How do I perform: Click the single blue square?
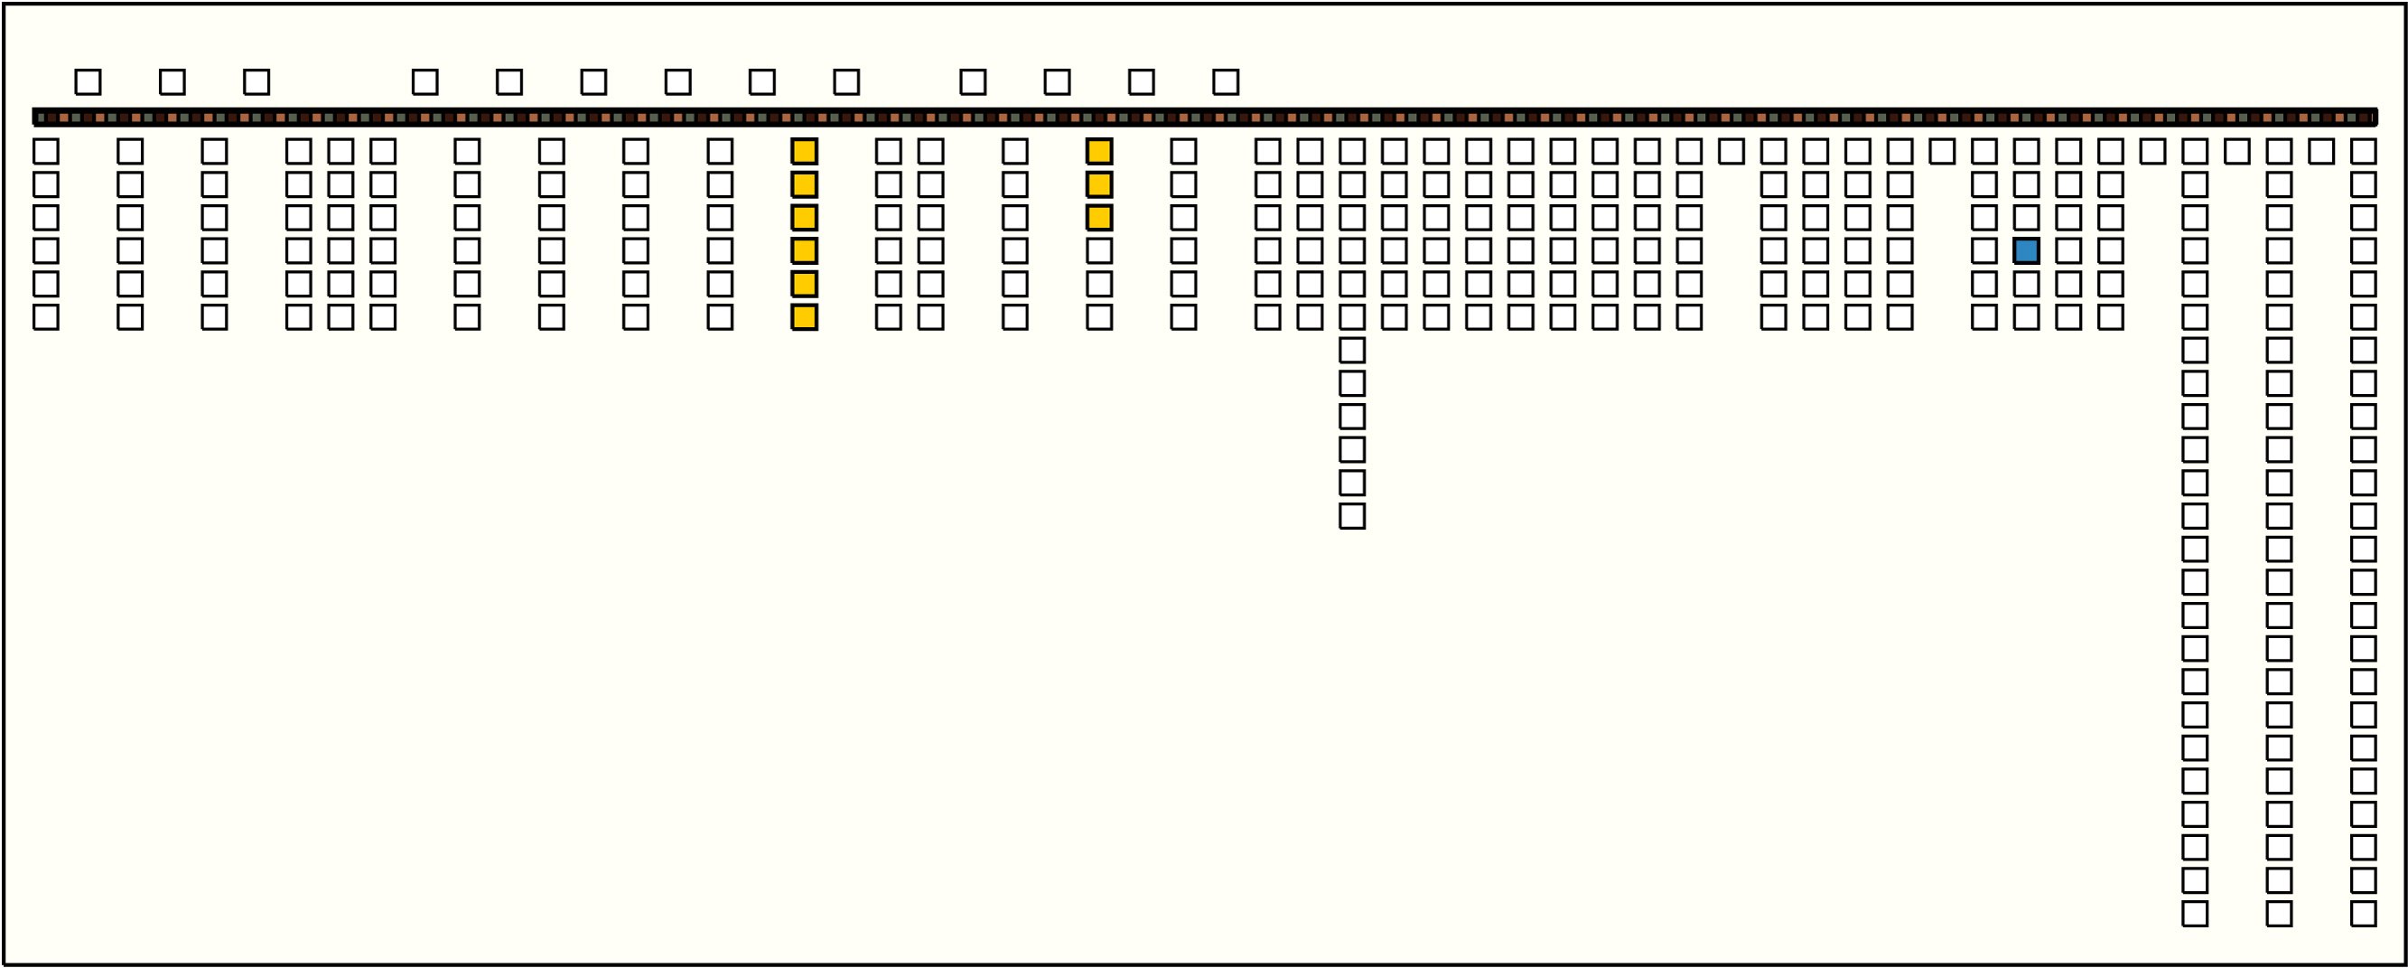[2027, 250]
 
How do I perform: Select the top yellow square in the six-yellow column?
[804, 152]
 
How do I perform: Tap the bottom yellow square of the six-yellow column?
[804, 317]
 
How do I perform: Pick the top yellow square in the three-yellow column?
[1099, 152]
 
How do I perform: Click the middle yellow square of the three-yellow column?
[1099, 184]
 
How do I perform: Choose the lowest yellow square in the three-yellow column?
[1099, 218]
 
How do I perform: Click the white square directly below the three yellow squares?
[1099, 250]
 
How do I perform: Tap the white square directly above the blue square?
[2027, 218]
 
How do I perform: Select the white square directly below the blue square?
[2027, 285]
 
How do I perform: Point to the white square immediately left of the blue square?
[1984, 250]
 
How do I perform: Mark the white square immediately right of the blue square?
[2068, 250]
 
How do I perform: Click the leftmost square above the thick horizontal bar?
[88, 82]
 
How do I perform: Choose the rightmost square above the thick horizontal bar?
[1226, 82]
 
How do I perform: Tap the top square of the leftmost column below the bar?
[46, 152]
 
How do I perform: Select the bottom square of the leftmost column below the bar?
[46, 317]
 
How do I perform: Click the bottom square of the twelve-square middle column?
[1352, 516]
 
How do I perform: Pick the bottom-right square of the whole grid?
[2363, 914]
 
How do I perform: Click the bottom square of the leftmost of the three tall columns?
[2195, 914]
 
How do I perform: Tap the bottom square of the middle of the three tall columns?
[2279, 914]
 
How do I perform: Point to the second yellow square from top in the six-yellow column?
[804, 184]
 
